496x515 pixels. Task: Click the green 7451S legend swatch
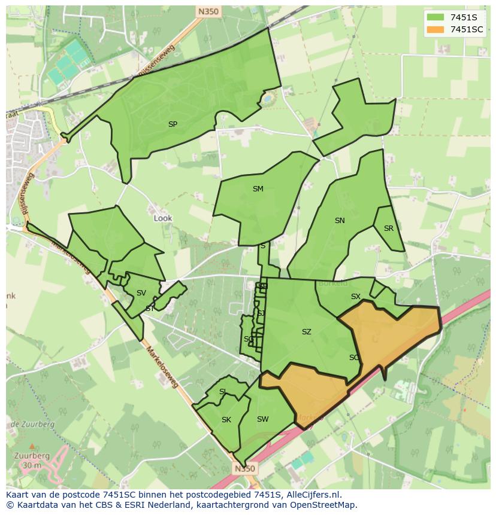[436, 17]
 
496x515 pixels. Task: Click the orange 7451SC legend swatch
[436, 29]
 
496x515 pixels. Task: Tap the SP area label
[173, 124]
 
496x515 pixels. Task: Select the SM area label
[258, 189]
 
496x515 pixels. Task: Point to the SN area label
[340, 221]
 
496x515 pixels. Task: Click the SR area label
[389, 228]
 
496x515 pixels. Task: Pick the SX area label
[356, 297]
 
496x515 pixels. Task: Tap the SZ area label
[306, 332]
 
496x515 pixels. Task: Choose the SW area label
[262, 419]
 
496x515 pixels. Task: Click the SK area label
[226, 420]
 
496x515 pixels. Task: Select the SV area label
[141, 293]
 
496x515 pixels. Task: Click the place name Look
[163, 218]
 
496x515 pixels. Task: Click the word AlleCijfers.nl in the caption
[314, 495]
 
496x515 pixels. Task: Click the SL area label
[222, 392]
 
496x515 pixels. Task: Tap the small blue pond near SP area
[267, 97]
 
